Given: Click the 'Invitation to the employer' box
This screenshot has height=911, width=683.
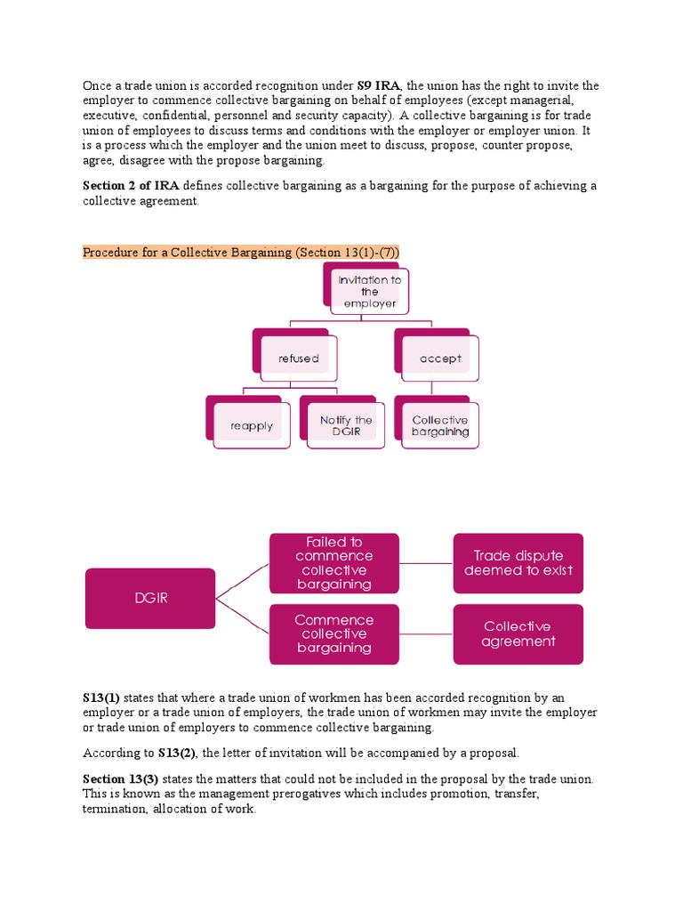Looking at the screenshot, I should click(369, 292).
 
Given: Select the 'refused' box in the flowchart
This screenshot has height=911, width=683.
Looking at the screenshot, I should click(298, 359).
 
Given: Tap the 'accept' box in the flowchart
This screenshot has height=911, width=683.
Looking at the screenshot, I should click(440, 359).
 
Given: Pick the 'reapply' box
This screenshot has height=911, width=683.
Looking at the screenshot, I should click(252, 425).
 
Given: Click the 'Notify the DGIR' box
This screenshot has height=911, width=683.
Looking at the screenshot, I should click(346, 425).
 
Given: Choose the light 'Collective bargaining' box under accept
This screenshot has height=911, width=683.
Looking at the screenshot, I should click(440, 425).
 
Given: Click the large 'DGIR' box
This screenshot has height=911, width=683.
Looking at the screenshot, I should click(150, 598).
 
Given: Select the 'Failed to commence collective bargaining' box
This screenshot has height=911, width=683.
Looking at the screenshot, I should click(334, 562).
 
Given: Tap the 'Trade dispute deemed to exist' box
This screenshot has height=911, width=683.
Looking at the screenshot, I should click(518, 562).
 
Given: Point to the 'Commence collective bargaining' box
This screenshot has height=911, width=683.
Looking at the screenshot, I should click(334, 633).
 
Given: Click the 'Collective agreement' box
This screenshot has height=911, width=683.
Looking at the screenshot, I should click(518, 633).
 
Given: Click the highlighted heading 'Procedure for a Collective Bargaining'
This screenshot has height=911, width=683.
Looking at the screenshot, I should click(241, 253).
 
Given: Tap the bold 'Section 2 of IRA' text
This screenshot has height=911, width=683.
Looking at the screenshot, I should click(131, 185).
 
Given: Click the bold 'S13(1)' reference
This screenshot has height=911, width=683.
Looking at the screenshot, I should click(100, 697).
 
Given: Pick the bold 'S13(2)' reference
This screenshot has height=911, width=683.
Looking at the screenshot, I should click(177, 753).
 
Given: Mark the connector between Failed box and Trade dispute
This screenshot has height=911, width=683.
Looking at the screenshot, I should click(426, 563).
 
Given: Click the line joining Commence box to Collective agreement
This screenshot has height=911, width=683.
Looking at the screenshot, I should click(426, 633).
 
